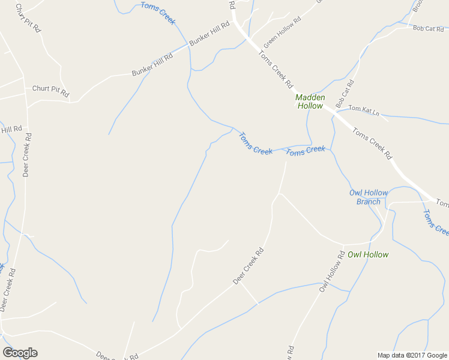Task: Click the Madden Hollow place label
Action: click(310, 101)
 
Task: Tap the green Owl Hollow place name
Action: click(368, 254)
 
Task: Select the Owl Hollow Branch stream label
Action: click(369, 197)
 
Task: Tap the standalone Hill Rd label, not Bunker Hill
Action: click(11, 129)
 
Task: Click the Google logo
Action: click(20, 353)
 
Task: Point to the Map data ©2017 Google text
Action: click(411, 355)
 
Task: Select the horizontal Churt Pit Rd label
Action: click(50, 91)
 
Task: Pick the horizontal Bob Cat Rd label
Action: click(427, 29)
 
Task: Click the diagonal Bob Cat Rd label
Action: click(345, 94)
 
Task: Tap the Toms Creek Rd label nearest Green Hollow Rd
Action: click(276, 68)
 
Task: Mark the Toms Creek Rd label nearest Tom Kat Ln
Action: click(372, 143)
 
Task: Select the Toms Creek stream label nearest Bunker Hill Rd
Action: click(158, 13)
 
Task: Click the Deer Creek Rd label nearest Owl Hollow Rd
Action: click(249, 266)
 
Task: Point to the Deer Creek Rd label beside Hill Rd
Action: click(27, 155)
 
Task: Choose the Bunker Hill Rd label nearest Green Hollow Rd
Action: click(209, 34)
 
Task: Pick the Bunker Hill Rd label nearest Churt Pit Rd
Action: click(152, 65)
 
